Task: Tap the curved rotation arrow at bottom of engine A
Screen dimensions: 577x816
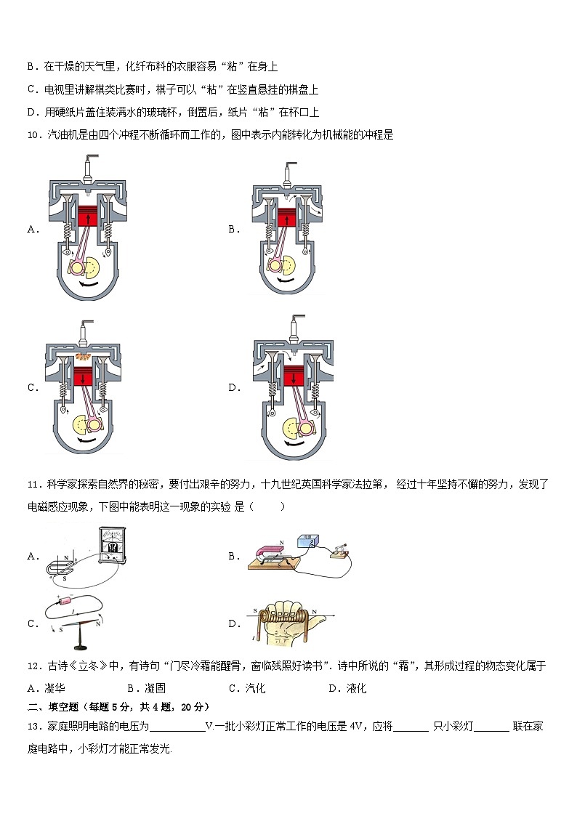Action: click(x=87, y=285)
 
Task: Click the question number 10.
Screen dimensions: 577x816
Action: click(x=33, y=135)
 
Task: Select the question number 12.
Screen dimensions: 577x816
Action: click(x=33, y=666)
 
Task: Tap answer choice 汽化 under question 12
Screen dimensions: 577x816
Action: click(x=255, y=688)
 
